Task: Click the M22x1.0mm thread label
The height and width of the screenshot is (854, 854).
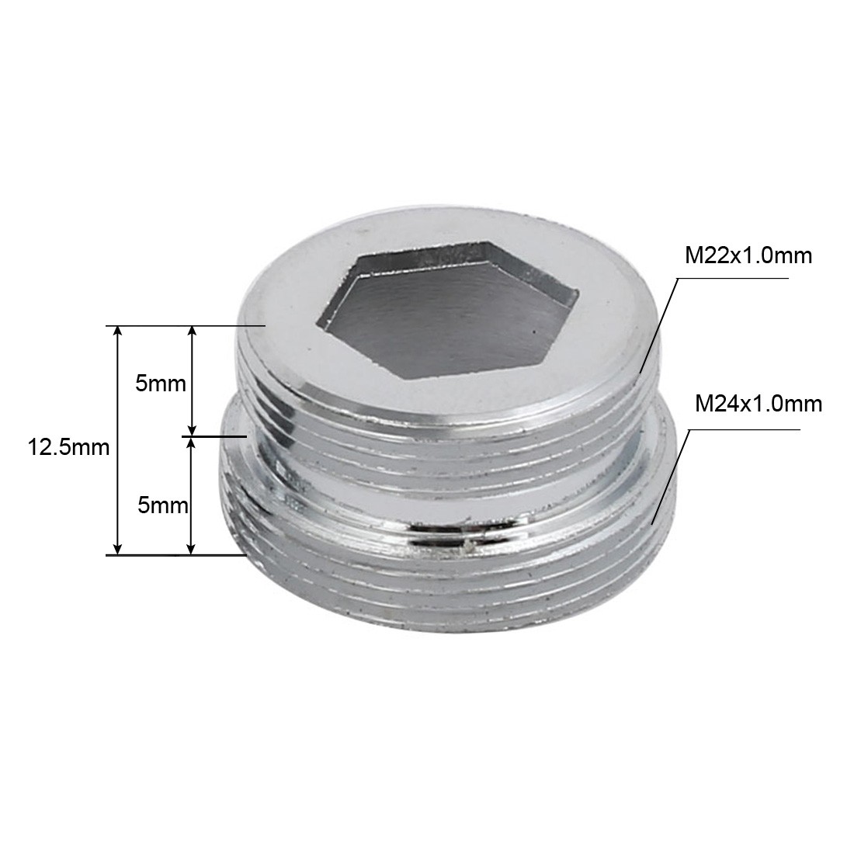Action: pyautogui.click(x=748, y=255)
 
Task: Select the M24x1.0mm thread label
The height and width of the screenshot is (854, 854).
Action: pyautogui.click(x=759, y=404)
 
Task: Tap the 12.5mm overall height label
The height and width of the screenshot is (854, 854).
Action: pyautogui.click(x=68, y=447)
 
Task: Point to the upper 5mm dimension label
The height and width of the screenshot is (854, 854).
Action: pyautogui.click(x=161, y=384)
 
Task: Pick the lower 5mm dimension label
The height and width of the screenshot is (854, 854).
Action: pyautogui.click(x=162, y=505)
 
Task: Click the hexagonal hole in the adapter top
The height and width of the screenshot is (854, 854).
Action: pyautogui.click(x=448, y=309)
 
